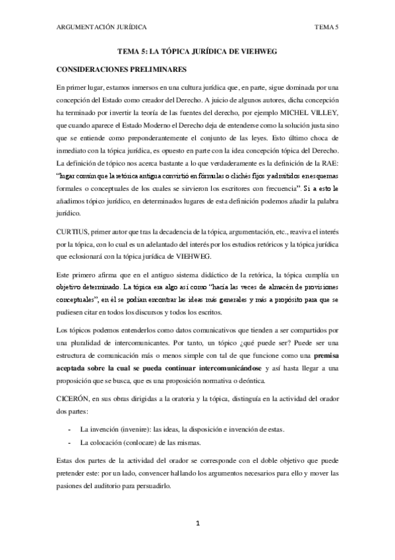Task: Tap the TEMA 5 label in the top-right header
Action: (x=326, y=27)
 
